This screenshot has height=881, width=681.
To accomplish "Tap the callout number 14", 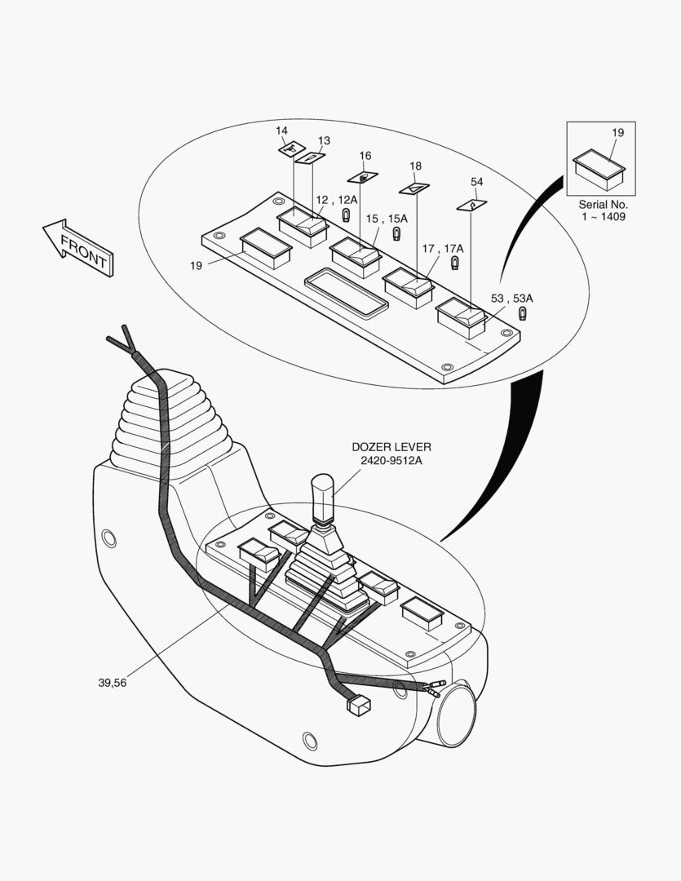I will [x=281, y=131].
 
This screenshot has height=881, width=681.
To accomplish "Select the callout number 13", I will [x=324, y=140].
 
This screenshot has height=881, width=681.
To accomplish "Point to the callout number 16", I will [x=365, y=156].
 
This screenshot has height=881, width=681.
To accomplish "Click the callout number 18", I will [x=415, y=166].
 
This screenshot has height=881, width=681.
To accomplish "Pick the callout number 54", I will [x=476, y=182].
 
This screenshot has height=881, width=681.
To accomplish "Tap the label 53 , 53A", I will [x=511, y=298].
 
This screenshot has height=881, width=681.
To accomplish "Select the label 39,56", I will [x=113, y=683].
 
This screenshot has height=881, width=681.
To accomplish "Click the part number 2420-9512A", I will [x=391, y=460].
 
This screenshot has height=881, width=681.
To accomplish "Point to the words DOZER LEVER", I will [x=391, y=447].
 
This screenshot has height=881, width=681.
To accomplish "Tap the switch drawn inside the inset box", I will [x=599, y=168].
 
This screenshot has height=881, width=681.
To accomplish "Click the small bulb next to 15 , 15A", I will [x=397, y=234].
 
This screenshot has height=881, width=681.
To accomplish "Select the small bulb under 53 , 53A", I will [x=523, y=314].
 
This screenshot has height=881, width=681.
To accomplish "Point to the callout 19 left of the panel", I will [x=196, y=265].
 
